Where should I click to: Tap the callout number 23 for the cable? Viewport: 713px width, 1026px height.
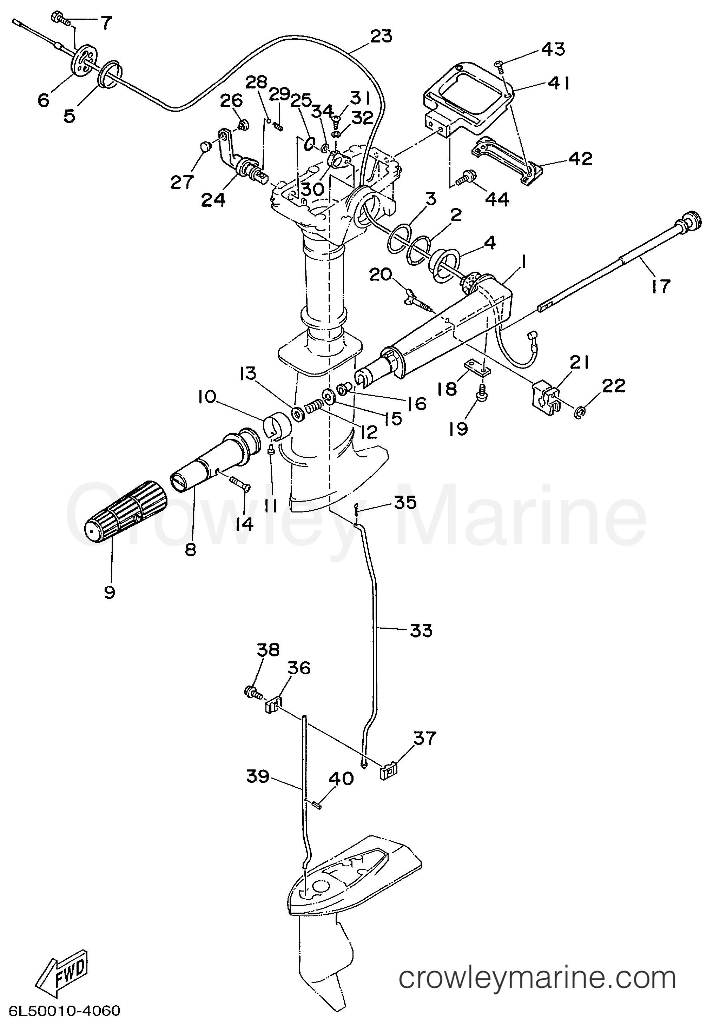click(x=381, y=36)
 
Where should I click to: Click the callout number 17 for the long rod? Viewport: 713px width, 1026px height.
click(x=661, y=285)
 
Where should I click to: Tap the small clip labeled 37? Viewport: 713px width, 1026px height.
click(x=388, y=771)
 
